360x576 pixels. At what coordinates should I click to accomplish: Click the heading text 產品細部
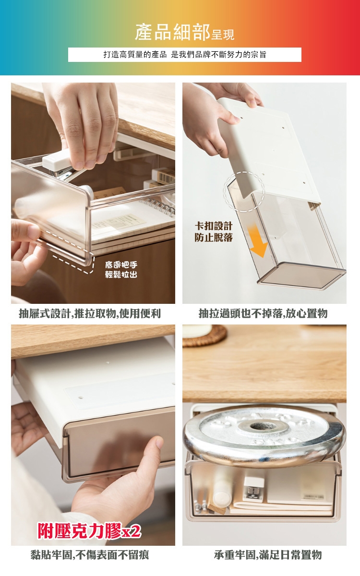click(172, 32)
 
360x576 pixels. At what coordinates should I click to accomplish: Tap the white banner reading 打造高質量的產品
click(185, 55)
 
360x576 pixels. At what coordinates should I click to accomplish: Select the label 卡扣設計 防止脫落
click(214, 232)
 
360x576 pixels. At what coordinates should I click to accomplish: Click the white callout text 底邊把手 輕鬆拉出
click(121, 270)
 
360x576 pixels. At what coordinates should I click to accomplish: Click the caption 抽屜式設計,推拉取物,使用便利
click(90, 313)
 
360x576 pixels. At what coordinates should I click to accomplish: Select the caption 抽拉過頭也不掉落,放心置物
click(263, 313)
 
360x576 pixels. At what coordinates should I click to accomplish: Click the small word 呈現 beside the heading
click(223, 35)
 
